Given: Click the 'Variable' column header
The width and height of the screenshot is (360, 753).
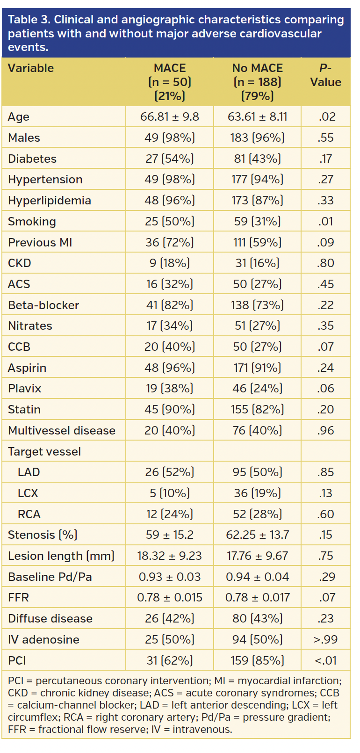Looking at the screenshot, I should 31,68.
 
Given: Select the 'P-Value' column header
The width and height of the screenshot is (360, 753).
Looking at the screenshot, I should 325,75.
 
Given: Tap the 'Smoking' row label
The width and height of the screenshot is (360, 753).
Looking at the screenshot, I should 32,222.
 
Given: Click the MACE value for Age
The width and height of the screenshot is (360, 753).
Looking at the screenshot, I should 169,117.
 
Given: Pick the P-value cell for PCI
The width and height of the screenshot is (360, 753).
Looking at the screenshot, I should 325,661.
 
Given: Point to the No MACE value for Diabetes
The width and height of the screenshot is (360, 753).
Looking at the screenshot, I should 257,159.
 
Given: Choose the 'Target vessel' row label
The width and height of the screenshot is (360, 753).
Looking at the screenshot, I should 44,452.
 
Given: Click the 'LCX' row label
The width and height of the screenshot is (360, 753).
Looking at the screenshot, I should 28,493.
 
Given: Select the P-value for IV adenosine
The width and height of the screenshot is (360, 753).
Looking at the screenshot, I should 325,640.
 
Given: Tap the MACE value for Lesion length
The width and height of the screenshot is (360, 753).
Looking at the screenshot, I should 169,556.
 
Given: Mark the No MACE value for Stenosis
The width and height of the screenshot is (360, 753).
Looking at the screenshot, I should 257,535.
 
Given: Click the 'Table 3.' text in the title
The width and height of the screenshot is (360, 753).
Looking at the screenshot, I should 29,20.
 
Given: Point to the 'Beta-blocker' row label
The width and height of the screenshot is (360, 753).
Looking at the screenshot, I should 43,305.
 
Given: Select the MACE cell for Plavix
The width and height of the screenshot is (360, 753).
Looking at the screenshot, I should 169,389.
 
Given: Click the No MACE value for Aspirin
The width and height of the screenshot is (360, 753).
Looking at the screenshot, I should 257,368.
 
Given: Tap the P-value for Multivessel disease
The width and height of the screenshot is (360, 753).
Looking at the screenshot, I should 325,431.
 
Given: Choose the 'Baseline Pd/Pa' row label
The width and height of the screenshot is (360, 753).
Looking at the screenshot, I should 50,577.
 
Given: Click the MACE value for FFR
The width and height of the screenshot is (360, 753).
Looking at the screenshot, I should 169,598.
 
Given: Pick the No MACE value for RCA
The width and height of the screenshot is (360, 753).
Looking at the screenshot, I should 257,514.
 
